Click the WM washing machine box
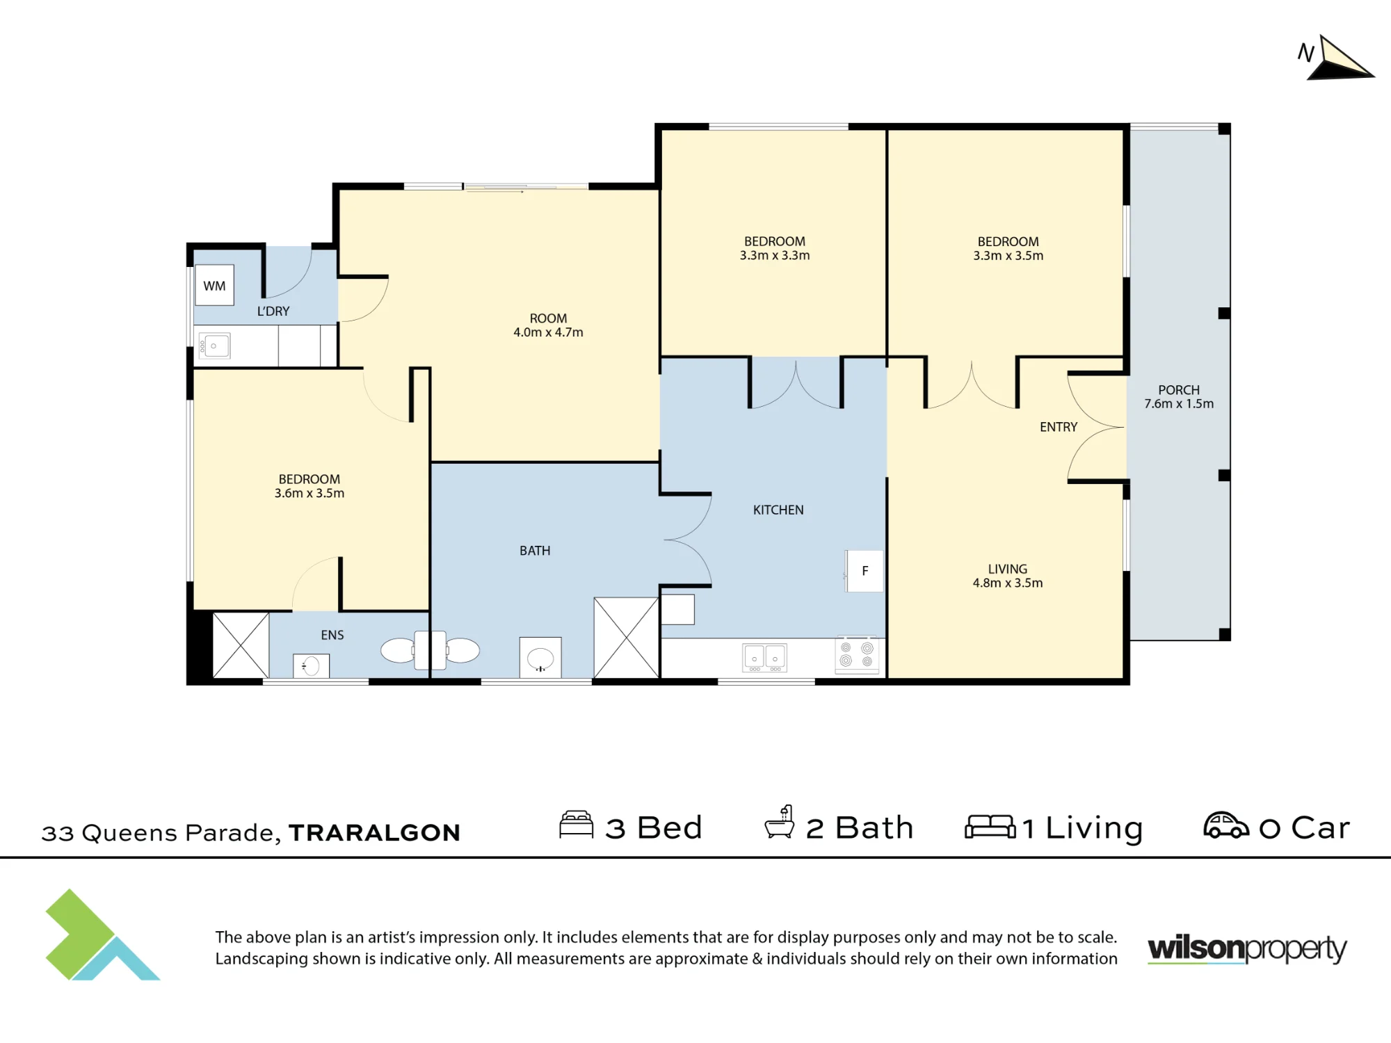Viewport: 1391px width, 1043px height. [214, 285]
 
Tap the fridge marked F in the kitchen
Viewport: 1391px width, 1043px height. [865, 571]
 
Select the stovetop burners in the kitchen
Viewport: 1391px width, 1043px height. [857, 654]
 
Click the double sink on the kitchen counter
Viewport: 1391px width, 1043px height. [764, 658]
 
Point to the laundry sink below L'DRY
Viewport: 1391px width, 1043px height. [214, 346]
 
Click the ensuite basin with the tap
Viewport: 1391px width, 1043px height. [311, 666]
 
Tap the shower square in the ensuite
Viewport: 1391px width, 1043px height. [241, 645]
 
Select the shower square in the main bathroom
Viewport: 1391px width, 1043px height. [626, 638]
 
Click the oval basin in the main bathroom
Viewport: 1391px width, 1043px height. [540, 658]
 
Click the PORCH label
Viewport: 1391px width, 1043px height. [1179, 390]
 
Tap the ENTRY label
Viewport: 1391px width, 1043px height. [1059, 427]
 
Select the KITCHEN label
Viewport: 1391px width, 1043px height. [778, 510]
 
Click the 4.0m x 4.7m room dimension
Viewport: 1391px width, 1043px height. [548, 332]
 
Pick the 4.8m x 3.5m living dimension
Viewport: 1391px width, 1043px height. [1008, 583]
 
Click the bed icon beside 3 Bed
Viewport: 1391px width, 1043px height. [577, 825]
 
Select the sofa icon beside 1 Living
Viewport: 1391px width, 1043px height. [990, 827]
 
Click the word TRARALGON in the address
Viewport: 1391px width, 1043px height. [375, 832]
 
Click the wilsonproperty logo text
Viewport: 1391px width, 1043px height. [1247, 949]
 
